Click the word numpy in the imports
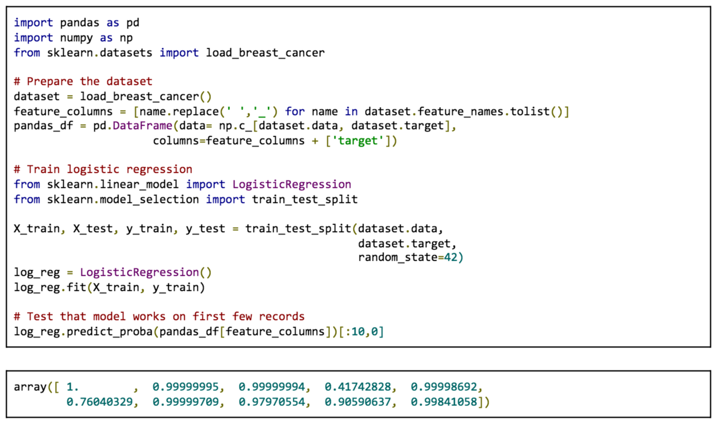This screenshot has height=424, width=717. coord(77,38)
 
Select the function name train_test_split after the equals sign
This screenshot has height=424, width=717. coord(298,229)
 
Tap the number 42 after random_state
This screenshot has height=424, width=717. coord(450,257)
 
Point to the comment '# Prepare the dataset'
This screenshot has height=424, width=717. coord(83,81)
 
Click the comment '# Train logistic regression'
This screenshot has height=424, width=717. coord(103,169)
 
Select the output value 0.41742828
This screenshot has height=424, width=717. coord(357,387)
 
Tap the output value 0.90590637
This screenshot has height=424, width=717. coord(357,402)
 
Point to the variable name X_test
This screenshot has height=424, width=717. coord(93,229)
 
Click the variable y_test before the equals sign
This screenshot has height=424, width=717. coord(205,229)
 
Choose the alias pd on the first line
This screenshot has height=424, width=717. coord(133,23)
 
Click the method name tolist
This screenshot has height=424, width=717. coord(530,111)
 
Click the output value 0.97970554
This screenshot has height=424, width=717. coord(272,402)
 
